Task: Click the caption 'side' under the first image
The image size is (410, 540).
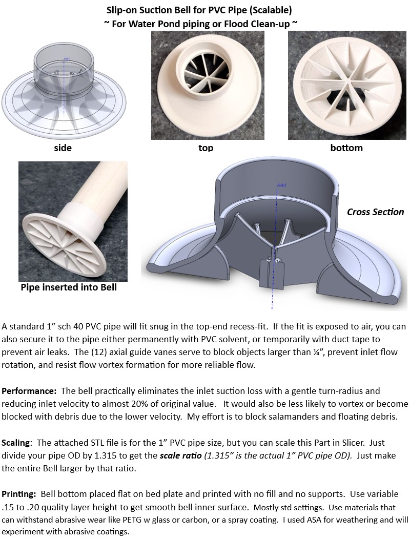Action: (x=63, y=148)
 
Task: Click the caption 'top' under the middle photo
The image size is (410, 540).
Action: (x=205, y=148)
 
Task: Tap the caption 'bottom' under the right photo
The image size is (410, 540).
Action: (x=347, y=148)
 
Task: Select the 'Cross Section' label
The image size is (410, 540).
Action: (x=375, y=212)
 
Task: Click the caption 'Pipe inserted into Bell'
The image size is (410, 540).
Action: (x=69, y=287)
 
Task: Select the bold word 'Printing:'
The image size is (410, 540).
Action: (x=20, y=494)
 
